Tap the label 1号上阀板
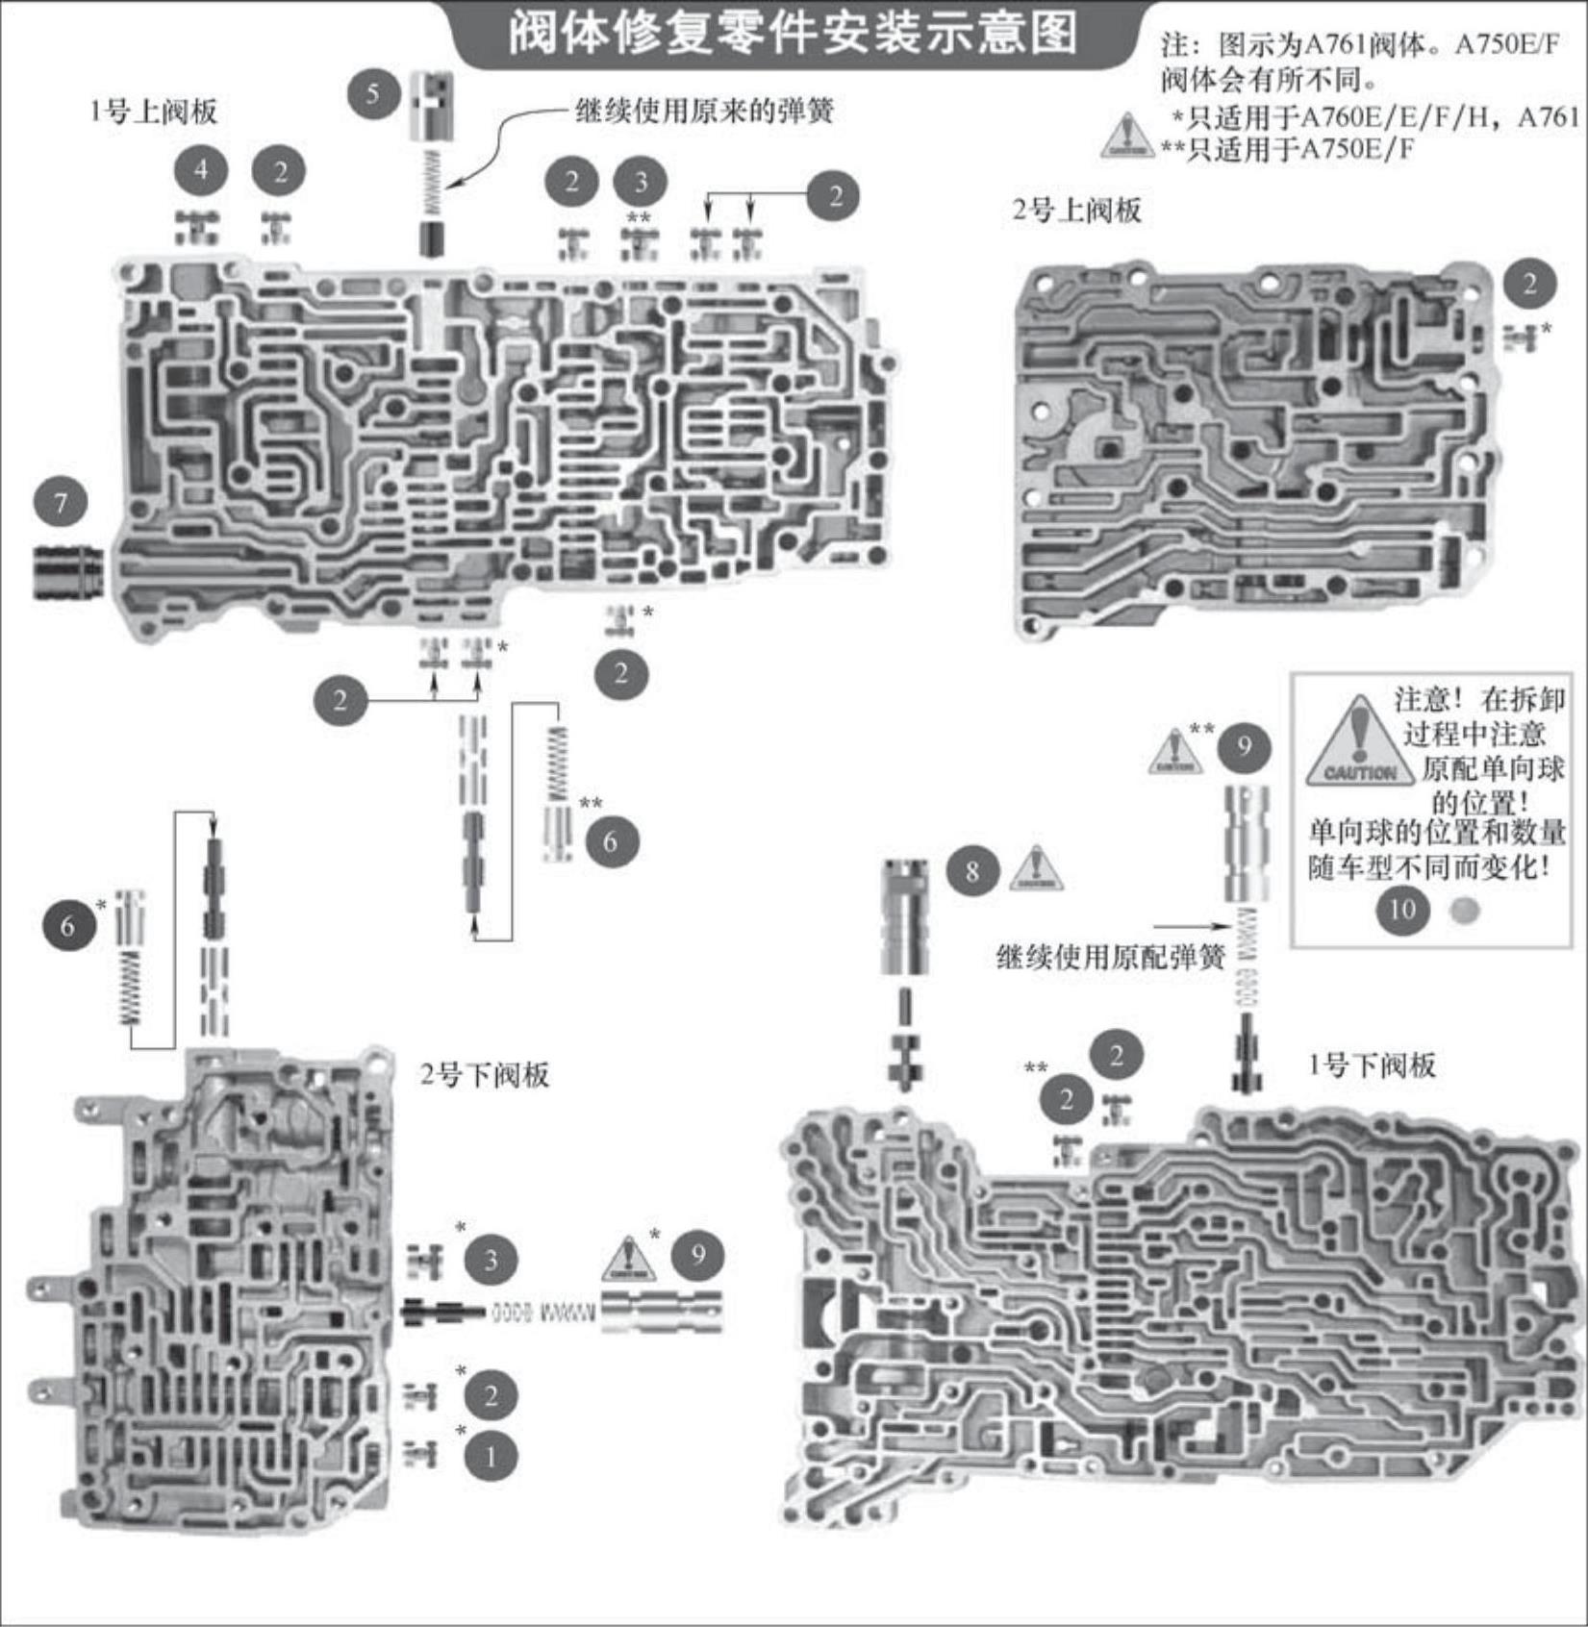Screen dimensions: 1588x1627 (154, 112)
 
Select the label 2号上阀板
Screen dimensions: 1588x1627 (1076, 210)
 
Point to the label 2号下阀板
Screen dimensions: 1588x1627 (484, 1074)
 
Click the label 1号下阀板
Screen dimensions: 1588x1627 (1372, 1064)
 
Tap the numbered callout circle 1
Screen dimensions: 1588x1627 (491, 1457)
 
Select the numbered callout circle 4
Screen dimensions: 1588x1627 (201, 170)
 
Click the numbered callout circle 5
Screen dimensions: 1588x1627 (372, 94)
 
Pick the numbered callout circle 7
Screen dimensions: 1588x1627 (61, 503)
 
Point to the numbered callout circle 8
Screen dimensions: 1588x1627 (972, 871)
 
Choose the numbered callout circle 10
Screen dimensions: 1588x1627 (1402, 909)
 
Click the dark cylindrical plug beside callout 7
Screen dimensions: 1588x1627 (69, 572)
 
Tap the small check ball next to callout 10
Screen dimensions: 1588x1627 (1463, 910)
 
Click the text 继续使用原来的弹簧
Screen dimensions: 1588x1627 (703, 112)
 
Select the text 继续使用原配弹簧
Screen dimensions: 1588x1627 (1110, 957)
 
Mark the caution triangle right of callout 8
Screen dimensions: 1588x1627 (1035, 869)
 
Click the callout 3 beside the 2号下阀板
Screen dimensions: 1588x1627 (491, 1260)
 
